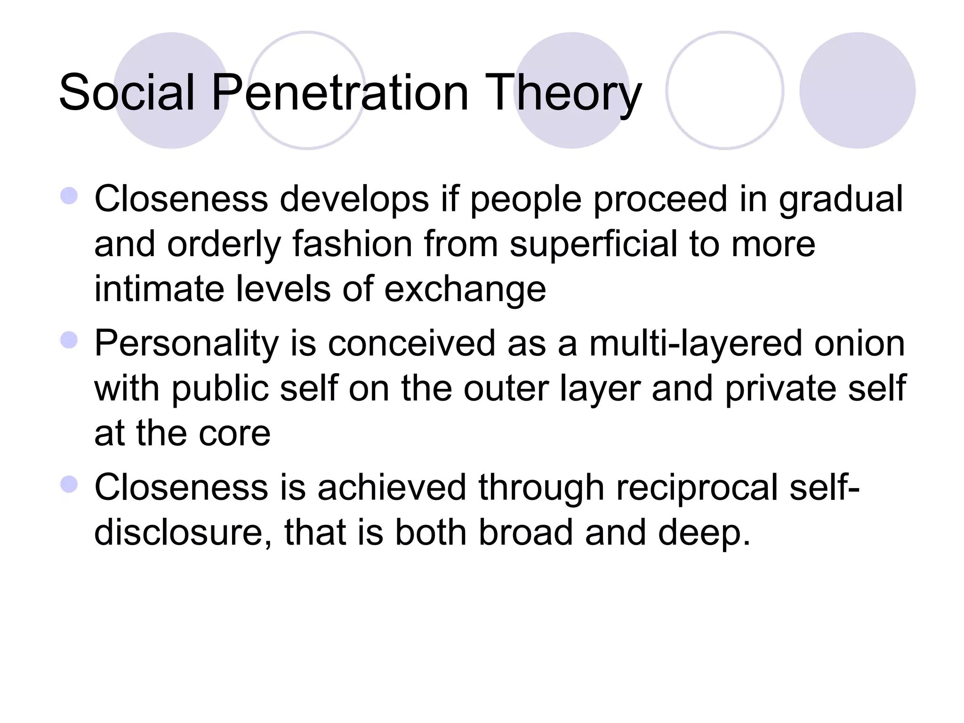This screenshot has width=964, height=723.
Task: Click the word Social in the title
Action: [127, 93]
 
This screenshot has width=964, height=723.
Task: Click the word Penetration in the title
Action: [340, 93]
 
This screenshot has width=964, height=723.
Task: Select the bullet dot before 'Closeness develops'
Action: [69, 195]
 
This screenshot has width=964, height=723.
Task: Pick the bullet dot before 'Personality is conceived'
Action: [69, 340]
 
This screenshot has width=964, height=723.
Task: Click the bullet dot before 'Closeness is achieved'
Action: [69, 484]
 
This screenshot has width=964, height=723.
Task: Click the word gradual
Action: [841, 200]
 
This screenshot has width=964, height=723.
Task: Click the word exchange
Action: [465, 290]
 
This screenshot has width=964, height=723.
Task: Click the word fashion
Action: [353, 244]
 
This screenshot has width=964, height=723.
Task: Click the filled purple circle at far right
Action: [857, 90]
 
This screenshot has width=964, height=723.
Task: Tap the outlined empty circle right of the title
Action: [725, 90]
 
